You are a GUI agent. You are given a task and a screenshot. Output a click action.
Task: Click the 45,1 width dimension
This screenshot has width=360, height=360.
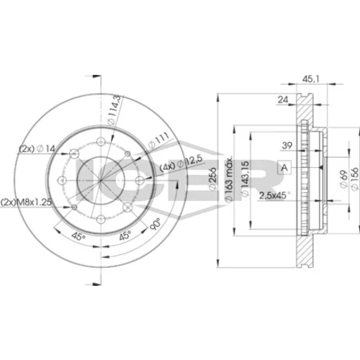click(310, 79)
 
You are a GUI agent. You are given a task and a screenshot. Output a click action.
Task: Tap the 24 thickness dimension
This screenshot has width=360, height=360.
click(283, 99)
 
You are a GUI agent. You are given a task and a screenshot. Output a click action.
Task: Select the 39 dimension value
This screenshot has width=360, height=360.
click(287, 145)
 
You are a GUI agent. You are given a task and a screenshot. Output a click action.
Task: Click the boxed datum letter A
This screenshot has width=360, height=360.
click(284, 167)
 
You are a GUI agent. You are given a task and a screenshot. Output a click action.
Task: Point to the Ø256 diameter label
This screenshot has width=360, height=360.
click(212, 179)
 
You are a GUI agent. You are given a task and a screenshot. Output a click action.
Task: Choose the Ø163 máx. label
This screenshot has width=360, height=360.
click(228, 179)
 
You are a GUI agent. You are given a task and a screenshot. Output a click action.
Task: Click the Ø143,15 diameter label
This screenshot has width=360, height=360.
click(245, 179)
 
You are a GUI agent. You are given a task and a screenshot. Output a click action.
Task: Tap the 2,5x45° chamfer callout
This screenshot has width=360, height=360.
click(274, 196)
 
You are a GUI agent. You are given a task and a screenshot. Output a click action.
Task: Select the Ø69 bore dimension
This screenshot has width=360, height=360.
click(343, 179)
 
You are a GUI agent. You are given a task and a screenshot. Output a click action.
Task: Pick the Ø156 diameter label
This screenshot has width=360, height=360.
click(355, 179)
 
